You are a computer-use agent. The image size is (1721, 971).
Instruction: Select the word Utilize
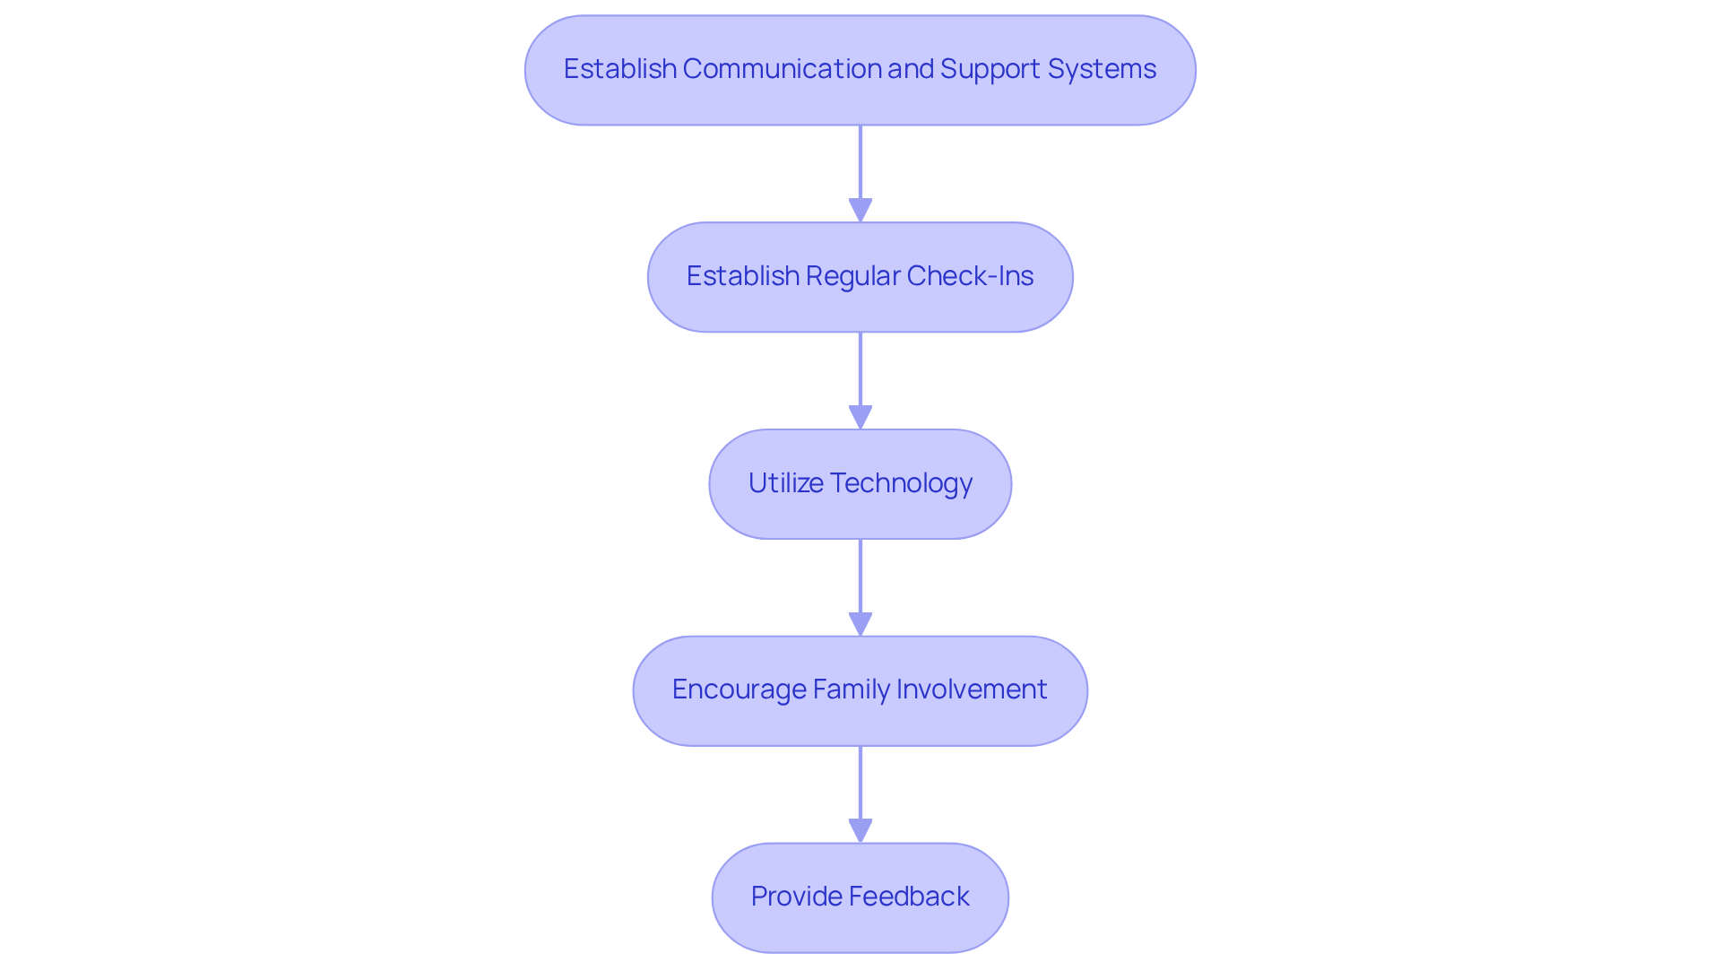coord(785,483)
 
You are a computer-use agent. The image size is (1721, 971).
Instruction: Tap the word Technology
coord(901,483)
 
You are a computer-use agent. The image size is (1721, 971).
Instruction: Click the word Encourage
coord(739,689)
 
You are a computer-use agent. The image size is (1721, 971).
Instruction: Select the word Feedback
coord(909,897)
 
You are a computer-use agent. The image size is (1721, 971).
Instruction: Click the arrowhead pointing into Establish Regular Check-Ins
coord(860,211)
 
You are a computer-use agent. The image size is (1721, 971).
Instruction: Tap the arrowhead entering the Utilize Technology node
coord(860,418)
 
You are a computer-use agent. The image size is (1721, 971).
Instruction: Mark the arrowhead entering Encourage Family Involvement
coord(860,625)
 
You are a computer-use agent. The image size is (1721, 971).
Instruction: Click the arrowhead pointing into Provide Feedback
coord(860,831)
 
